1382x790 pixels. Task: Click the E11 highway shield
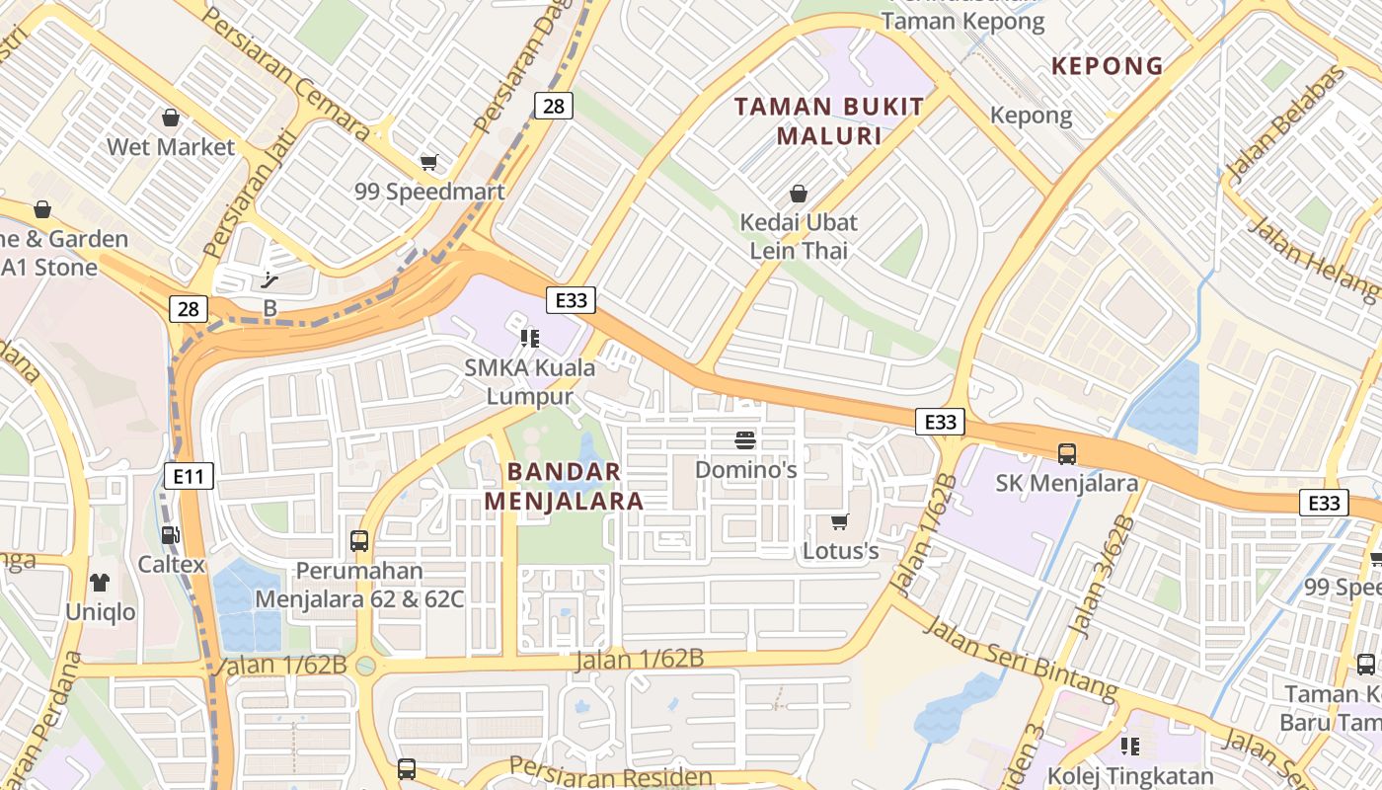(189, 477)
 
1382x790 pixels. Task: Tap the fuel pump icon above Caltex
(171, 535)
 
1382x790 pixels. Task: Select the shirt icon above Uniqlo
(100, 583)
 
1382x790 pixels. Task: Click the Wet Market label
(171, 147)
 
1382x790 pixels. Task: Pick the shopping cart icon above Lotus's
(839, 521)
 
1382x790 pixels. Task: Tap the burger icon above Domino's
(745, 439)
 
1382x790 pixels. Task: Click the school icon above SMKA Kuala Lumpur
(530, 339)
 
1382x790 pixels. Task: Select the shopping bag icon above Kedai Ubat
(799, 194)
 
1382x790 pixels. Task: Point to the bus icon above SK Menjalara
(1067, 454)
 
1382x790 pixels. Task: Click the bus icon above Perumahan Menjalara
(359, 541)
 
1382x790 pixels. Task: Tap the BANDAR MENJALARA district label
(565, 486)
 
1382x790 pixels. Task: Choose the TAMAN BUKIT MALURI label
(829, 120)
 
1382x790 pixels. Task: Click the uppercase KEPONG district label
(1107, 66)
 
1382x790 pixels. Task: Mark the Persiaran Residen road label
(611, 773)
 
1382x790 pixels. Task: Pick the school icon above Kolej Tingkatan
(1130, 747)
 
